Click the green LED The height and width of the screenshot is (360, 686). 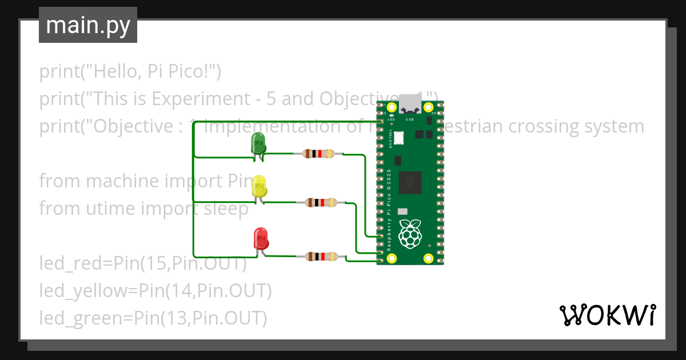(258, 143)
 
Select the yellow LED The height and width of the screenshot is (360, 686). (259, 186)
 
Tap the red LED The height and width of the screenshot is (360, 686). (261, 238)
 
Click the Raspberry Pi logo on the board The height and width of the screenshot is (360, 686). (410, 235)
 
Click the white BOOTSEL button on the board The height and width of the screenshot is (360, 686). (399, 137)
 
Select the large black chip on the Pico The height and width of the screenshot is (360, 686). (410, 182)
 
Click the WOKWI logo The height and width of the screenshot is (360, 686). (607, 315)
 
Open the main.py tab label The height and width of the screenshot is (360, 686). (88, 25)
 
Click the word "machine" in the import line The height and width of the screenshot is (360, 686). (122, 181)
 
